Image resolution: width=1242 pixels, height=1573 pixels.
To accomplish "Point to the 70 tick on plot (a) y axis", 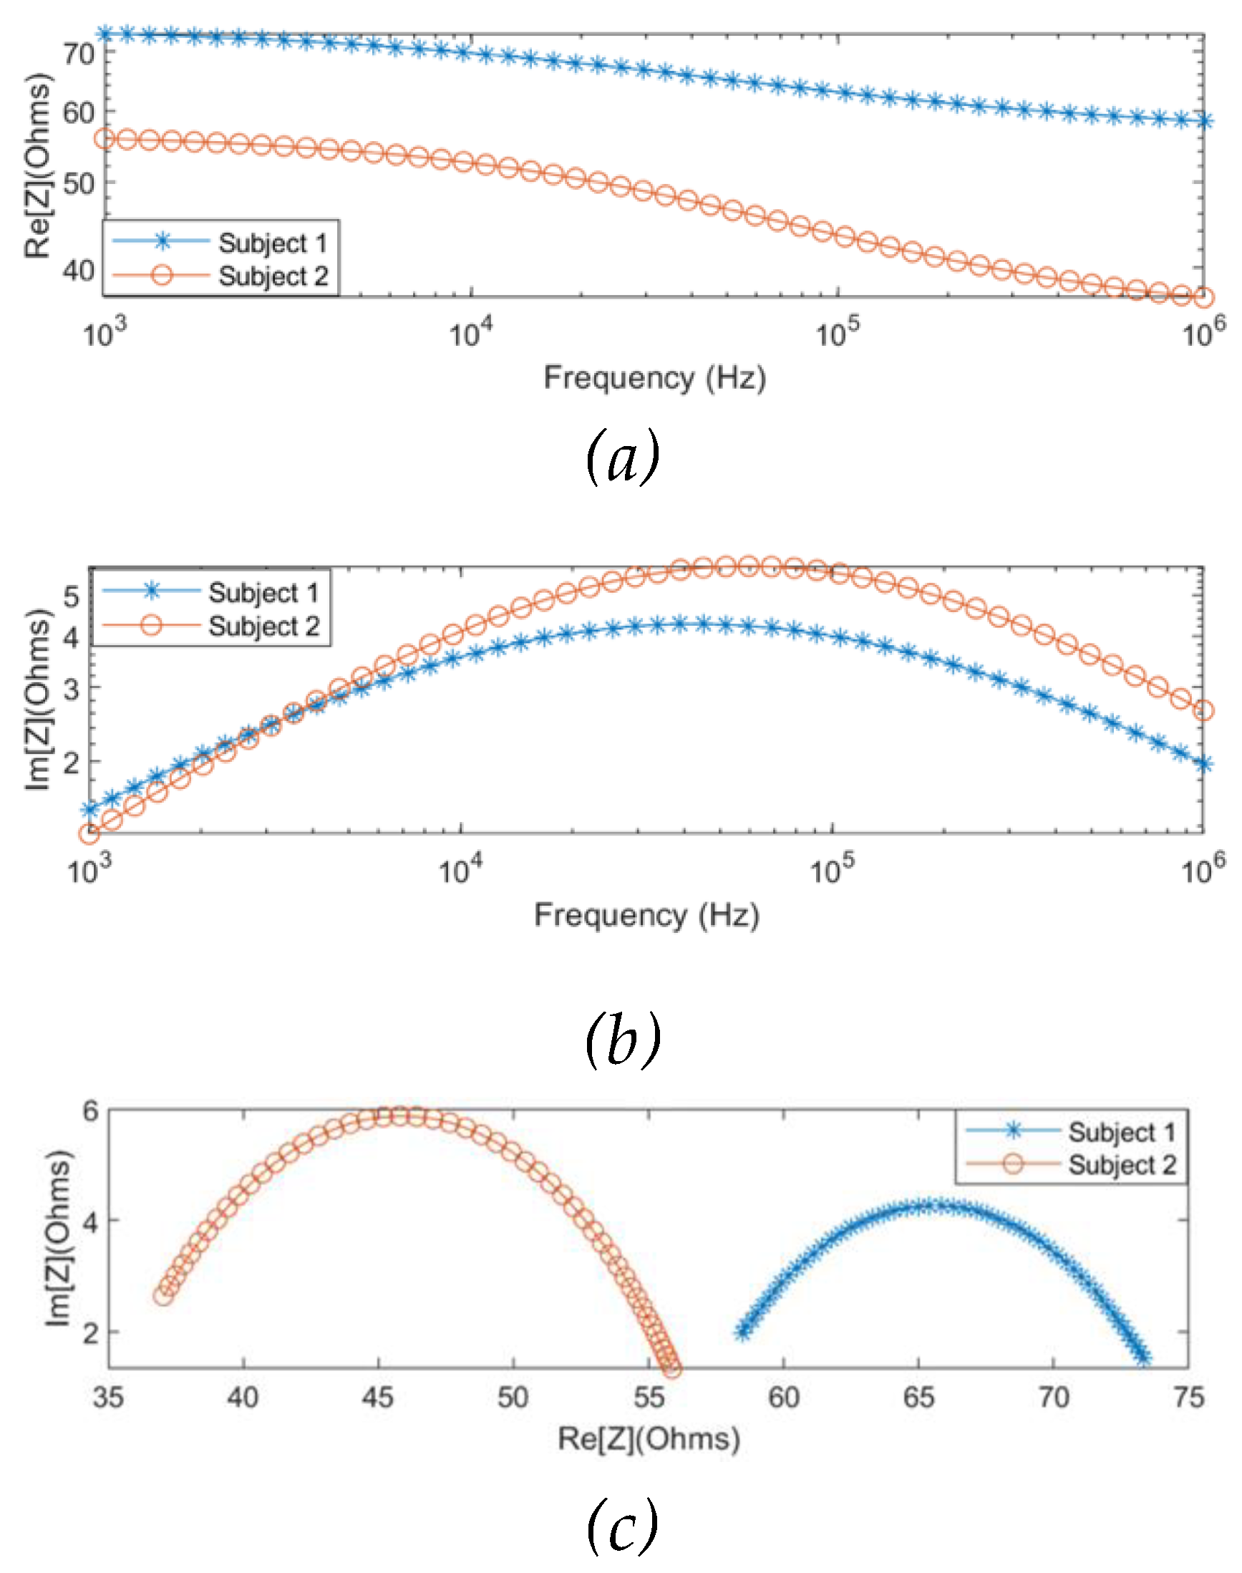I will (x=79, y=54).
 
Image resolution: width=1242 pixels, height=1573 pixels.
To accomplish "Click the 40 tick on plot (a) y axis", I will (x=79, y=271).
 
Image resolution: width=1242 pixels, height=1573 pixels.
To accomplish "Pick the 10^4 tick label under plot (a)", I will (x=470, y=333).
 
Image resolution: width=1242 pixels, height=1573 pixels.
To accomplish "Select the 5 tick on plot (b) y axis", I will (x=72, y=596).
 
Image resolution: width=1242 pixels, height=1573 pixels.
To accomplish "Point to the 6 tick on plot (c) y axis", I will (x=89, y=1110).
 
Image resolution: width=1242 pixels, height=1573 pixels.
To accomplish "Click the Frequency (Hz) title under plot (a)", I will (x=654, y=378).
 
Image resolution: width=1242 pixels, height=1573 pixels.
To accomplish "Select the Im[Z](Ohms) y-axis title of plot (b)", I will (x=38, y=700).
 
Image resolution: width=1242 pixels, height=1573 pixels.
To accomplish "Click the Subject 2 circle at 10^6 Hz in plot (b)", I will (x=1203, y=710).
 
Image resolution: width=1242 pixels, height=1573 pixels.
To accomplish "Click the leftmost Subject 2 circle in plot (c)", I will (x=164, y=1295).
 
